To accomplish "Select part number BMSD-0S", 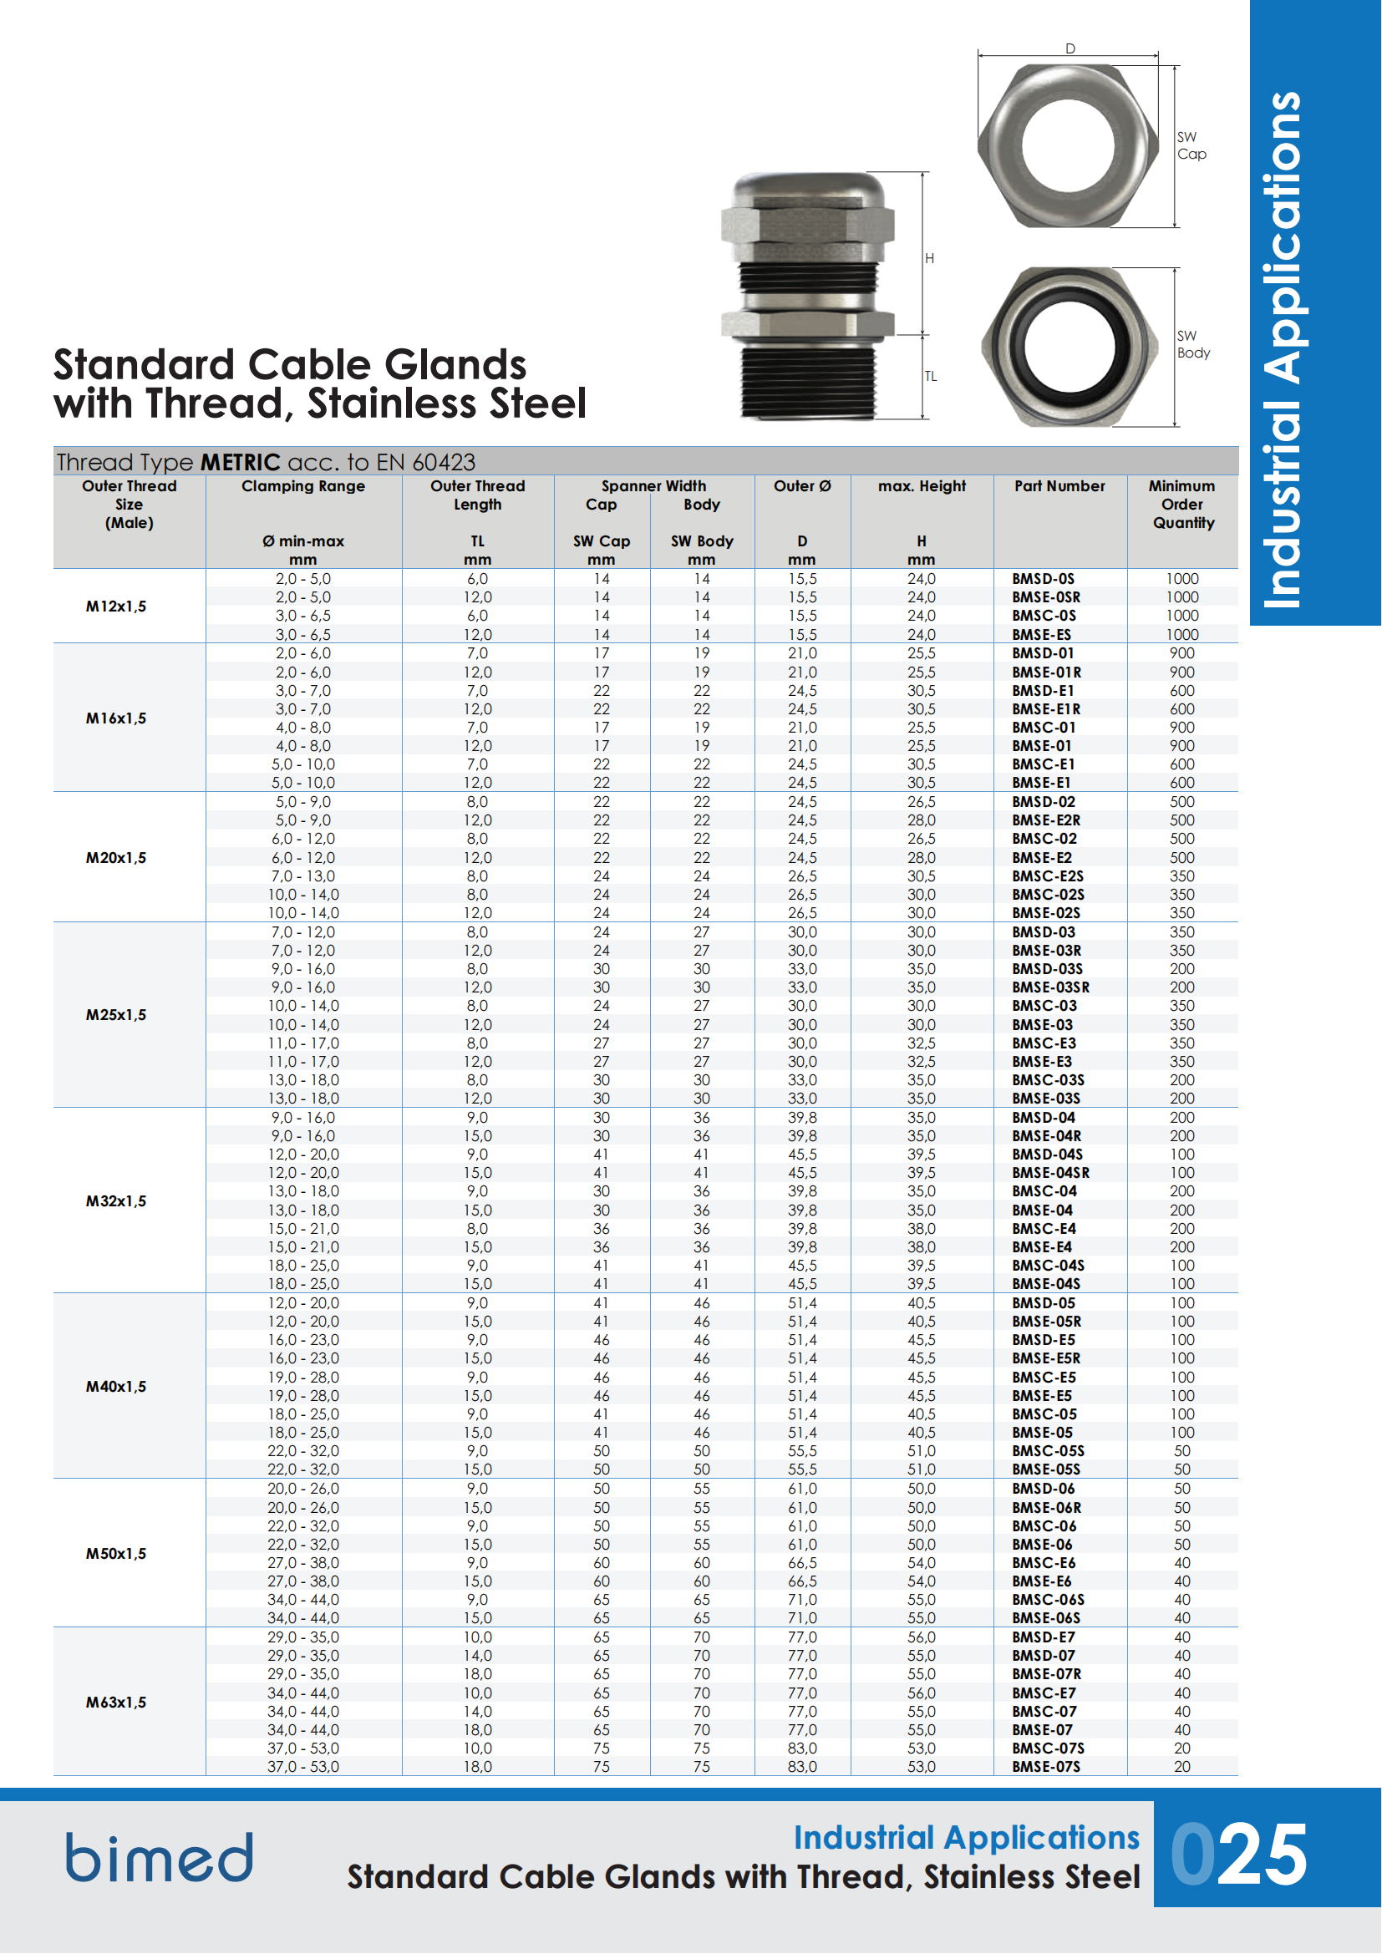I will pyautogui.click(x=1043, y=579).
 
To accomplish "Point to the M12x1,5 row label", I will pyautogui.click(x=116, y=606).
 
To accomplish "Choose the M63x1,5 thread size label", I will pyautogui.click(x=116, y=1702).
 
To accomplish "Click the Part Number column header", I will pyautogui.click(x=1059, y=486).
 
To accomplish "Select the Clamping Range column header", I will pyautogui.click(x=303, y=486).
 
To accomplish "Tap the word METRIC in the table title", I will pyautogui.click(x=240, y=462).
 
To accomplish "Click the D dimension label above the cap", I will pyautogui.click(x=1070, y=48).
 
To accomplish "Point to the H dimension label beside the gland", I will pyautogui.click(x=929, y=258).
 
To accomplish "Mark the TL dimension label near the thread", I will pyautogui.click(x=931, y=376).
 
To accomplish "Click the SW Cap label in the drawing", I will pyautogui.click(x=1191, y=145).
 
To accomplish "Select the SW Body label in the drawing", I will pyautogui.click(x=1193, y=345).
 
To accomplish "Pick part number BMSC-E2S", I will pyautogui.click(x=1048, y=875).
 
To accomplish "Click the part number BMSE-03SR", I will pyautogui.click(x=1050, y=987).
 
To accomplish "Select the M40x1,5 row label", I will pyautogui.click(x=116, y=1387).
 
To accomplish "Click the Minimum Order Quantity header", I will pyautogui.click(x=1182, y=504).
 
